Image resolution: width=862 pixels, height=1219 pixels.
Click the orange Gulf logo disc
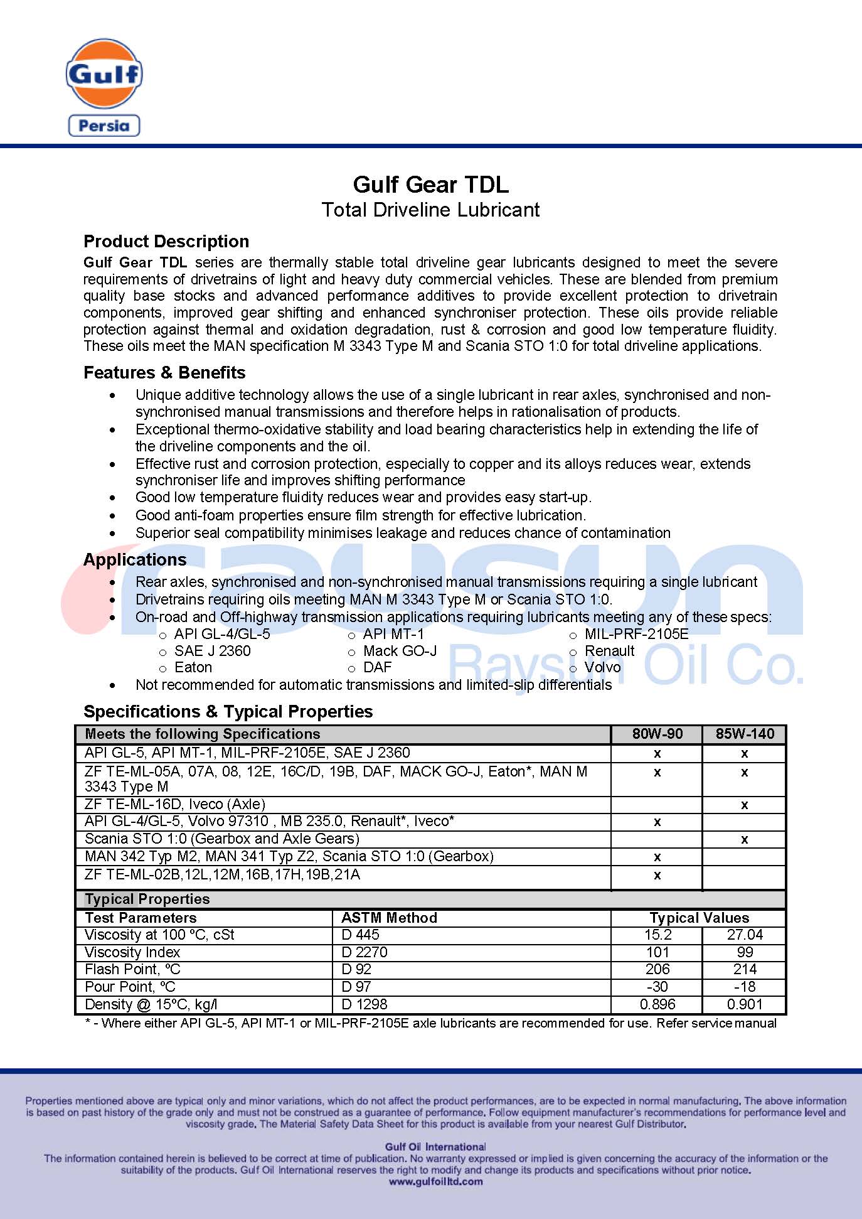tap(104, 73)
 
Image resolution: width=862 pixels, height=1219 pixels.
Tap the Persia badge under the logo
tap(104, 126)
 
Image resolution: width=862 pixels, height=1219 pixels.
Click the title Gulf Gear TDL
tap(430, 185)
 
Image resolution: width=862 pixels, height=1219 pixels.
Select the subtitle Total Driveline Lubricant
tap(430, 210)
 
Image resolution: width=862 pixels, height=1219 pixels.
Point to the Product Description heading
tap(166, 242)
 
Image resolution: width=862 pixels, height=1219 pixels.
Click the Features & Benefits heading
tap(164, 373)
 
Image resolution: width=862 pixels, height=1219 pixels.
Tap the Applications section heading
tap(135, 560)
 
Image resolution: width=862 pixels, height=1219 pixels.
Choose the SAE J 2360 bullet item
tap(212, 651)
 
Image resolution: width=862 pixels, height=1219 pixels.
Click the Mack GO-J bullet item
tap(400, 651)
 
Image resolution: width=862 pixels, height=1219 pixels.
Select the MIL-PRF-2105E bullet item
tap(636, 634)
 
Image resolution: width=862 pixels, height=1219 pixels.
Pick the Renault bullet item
tap(609, 651)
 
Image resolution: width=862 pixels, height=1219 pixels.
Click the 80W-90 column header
tap(657, 734)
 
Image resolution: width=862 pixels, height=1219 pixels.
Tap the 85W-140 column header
tap(745, 734)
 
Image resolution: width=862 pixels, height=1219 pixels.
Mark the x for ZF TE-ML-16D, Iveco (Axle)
tap(745, 805)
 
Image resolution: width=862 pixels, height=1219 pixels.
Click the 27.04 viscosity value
tap(745, 935)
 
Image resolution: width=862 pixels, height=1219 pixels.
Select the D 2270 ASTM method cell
tap(364, 952)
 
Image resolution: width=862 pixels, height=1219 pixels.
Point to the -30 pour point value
tap(657, 987)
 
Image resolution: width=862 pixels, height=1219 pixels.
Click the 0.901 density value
tap(745, 1004)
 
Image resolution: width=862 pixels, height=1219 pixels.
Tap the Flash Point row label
tap(132, 969)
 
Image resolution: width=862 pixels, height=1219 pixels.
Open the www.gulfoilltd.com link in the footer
tap(436, 1181)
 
